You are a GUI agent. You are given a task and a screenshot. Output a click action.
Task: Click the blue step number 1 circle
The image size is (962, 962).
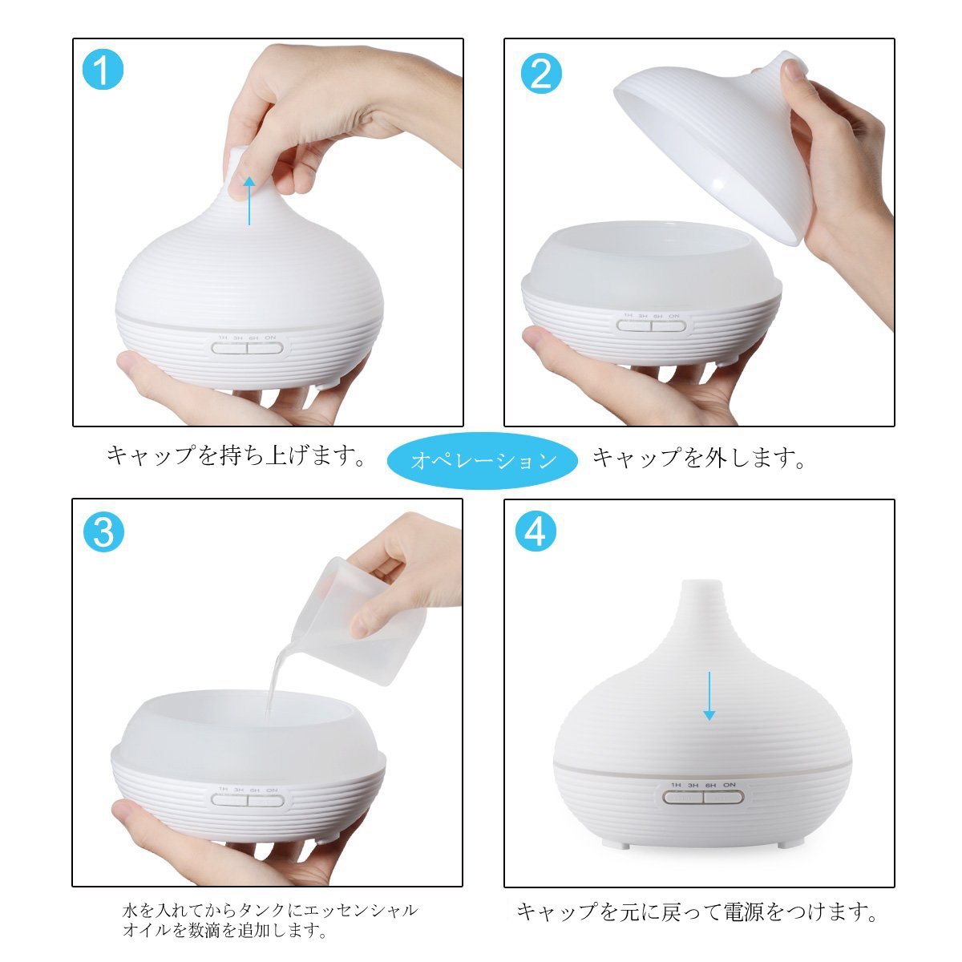103,71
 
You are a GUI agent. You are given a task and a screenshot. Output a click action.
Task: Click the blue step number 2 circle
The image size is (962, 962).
540,74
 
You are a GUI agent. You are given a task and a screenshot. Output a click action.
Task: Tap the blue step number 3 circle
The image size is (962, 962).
103,532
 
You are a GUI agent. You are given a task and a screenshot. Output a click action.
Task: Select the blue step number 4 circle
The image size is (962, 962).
536,532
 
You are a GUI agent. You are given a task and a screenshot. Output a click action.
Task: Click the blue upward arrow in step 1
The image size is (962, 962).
249,201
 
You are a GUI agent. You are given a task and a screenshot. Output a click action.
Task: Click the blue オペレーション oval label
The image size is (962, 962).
483,460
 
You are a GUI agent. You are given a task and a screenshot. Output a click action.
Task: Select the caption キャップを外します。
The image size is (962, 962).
699,457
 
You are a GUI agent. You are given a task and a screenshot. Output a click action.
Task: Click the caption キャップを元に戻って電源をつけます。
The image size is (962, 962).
697,912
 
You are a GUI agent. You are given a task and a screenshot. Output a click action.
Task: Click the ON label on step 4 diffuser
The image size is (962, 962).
730,785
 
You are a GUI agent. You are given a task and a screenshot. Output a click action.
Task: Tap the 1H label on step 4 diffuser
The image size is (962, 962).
676,785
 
